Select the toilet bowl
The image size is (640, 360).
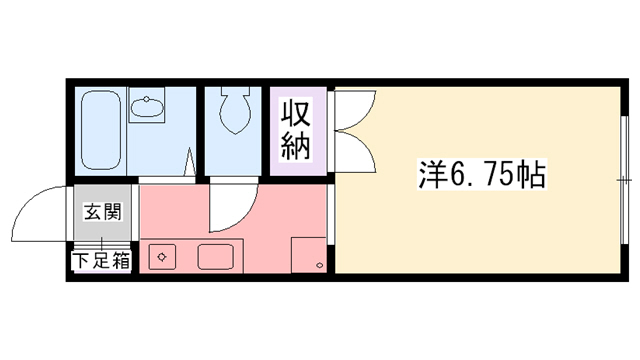(x=232, y=113)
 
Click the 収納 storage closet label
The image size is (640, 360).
(x=297, y=129)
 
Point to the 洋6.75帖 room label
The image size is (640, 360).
(x=480, y=176)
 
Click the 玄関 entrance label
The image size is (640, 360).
(x=100, y=212)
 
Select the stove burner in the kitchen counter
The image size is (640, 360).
(x=160, y=256)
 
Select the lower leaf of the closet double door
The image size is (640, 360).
(x=355, y=150)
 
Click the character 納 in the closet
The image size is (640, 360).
(x=297, y=146)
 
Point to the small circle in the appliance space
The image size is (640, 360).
(x=318, y=266)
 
